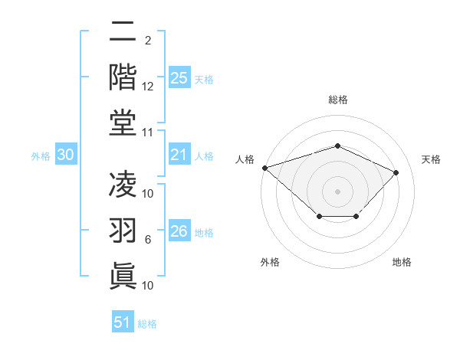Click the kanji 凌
click(x=123, y=185)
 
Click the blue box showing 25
click(x=179, y=78)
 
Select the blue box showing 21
click(x=179, y=155)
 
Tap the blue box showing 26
click(x=179, y=231)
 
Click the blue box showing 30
click(x=66, y=155)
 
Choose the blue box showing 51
click(x=123, y=322)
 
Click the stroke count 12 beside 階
click(x=148, y=87)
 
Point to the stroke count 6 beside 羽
click(x=148, y=240)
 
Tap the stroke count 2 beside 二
click(x=147, y=41)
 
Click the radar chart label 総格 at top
click(x=337, y=100)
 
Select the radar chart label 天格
click(x=431, y=159)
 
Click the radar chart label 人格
click(x=245, y=159)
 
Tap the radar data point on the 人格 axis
click(x=264, y=168)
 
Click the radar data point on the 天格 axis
click(x=396, y=172)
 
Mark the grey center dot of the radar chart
click(x=337, y=191)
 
